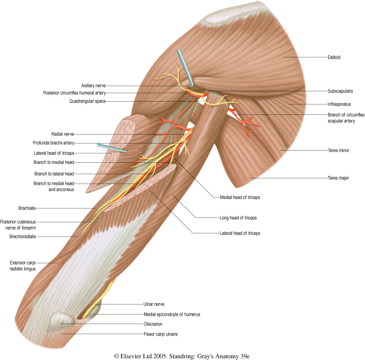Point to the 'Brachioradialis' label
pos(22,237)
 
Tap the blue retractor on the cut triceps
pos(111,148)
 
